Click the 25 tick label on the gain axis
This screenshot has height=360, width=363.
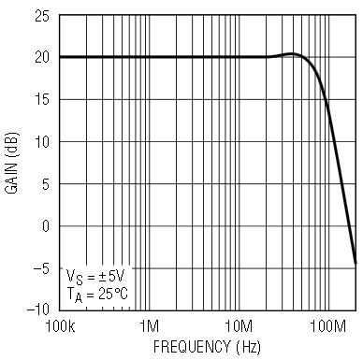coord(42,16)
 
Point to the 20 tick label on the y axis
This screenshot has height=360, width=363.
coord(42,58)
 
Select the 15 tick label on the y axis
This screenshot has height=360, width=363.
coord(42,100)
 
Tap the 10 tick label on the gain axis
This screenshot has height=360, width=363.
coord(42,142)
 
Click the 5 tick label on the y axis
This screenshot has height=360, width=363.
coord(46,184)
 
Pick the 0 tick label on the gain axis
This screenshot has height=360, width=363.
coord(46,226)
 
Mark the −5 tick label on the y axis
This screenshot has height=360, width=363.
coord(41,268)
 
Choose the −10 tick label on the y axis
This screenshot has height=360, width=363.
coord(38,310)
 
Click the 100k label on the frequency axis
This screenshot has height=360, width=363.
coord(60,326)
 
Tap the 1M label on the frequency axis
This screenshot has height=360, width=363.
coord(149,326)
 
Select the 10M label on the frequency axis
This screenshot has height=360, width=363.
coord(239,326)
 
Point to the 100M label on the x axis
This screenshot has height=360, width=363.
coord(328,326)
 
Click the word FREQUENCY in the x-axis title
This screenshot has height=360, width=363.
coord(191,347)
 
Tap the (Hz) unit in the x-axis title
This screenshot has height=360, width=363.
coord(248,347)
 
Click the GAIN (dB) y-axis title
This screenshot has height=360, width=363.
coord(12,163)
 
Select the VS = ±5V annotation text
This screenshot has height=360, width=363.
coord(95,277)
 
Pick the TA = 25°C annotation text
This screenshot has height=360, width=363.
coord(97,295)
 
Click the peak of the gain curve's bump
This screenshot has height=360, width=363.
coord(292,54)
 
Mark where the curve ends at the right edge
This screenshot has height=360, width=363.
coord(356,264)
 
